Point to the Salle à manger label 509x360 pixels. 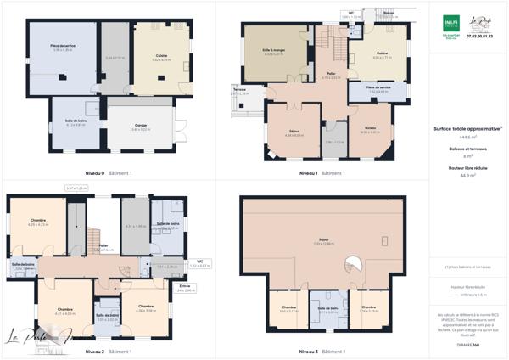(273, 53)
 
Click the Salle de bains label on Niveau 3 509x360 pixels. (329, 309)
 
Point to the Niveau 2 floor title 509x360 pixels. (96, 351)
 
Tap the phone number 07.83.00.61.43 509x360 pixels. (480, 36)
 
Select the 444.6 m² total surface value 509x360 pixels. (466, 137)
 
